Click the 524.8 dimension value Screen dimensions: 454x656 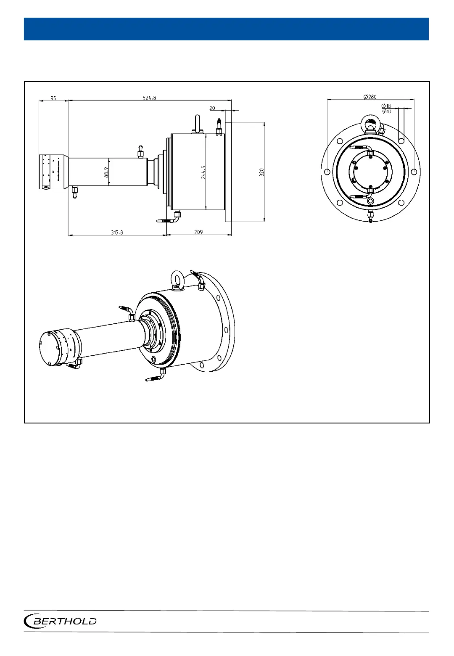click(x=149, y=98)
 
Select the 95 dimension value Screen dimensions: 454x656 click(x=53, y=98)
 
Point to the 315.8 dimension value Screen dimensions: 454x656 click(x=117, y=232)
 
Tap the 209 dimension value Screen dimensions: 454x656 click(x=198, y=232)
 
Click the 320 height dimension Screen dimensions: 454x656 click(x=261, y=172)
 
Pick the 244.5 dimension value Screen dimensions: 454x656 click(x=203, y=172)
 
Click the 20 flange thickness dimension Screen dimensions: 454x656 click(x=212, y=108)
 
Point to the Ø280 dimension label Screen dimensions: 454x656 click(x=370, y=97)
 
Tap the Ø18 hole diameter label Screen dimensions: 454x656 click(x=386, y=106)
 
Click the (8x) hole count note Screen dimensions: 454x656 click(x=386, y=111)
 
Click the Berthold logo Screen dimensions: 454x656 click(x=61, y=621)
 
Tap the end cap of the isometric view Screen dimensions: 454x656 click(x=53, y=348)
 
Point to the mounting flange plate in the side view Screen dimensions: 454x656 click(x=228, y=172)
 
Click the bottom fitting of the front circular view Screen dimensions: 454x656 click(x=370, y=216)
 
